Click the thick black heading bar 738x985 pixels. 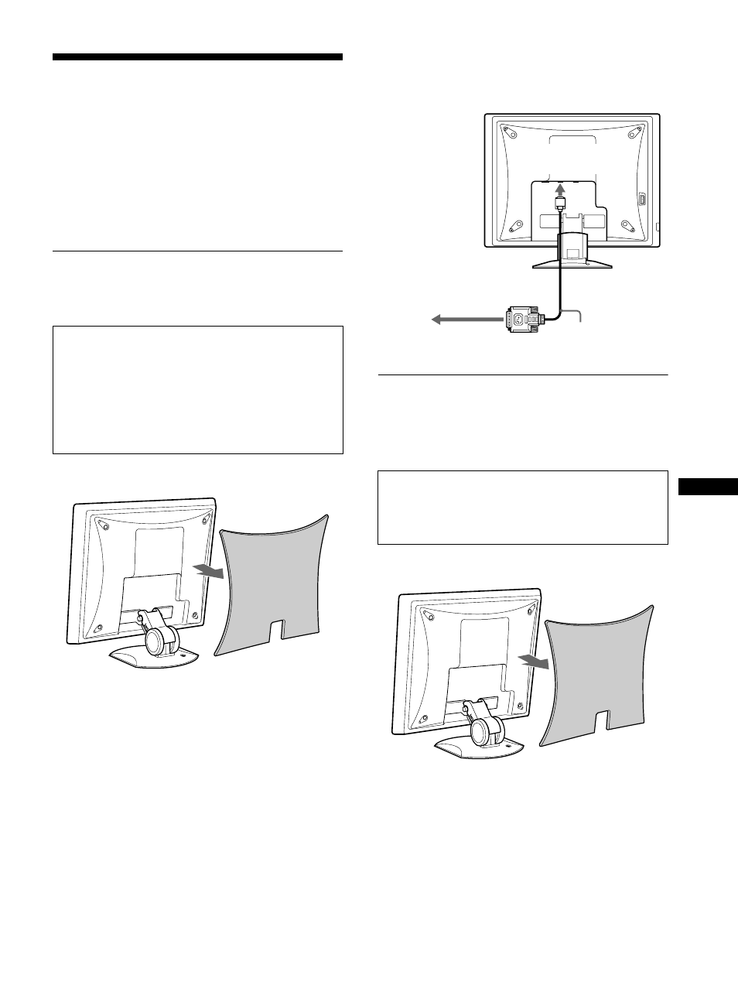pyautogui.click(x=197, y=57)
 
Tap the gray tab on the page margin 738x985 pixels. pyautogui.click(x=708, y=487)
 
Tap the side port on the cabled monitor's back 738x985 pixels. pyautogui.click(x=642, y=199)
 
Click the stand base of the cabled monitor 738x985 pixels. pyautogui.click(x=572, y=263)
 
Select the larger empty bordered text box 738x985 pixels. pyautogui.click(x=197, y=389)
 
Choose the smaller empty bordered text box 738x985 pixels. pyautogui.click(x=522, y=508)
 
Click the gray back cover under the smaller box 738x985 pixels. pyautogui.click(x=596, y=673)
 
